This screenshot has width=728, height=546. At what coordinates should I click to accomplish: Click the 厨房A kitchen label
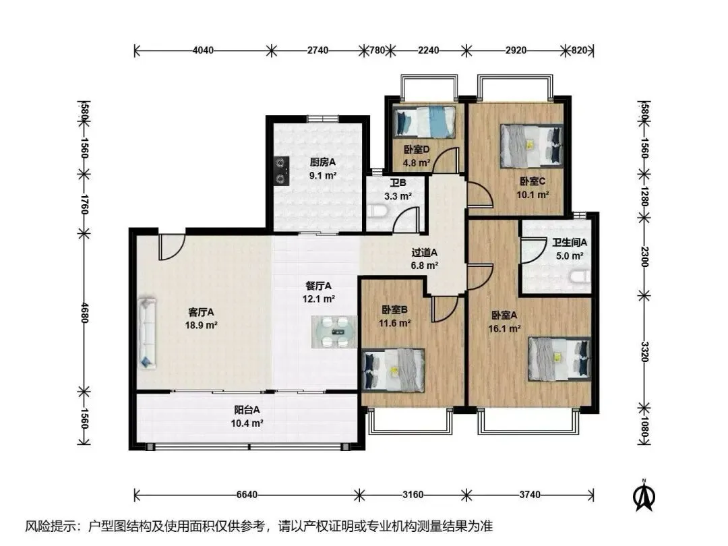[323, 162]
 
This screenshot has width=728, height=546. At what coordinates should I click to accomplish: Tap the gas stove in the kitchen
[281, 171]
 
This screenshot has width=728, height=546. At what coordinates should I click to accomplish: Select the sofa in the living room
[147, 334]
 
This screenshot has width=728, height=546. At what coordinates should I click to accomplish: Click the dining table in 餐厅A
[334, 332]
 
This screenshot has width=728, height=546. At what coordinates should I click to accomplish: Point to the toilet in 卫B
[377, 212]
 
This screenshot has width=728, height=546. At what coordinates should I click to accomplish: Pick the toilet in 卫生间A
[580, 277]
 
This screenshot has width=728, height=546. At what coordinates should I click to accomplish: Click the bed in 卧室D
[424, 121]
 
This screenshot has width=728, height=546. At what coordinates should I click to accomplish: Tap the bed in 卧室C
[531, 146]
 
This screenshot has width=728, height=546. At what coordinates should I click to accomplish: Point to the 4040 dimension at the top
[203, 50]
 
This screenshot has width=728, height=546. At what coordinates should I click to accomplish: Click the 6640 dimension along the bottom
[247, 495]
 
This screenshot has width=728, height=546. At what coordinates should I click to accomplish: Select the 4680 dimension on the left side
[84, 313]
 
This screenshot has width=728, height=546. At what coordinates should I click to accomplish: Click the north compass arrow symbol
[644, 496]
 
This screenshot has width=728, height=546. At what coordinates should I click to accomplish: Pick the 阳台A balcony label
[247, 410]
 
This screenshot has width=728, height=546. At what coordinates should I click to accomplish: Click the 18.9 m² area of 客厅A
[201, 326]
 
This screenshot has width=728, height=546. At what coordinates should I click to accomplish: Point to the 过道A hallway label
[425, 253]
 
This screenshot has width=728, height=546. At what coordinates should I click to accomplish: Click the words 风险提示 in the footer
[49, 526]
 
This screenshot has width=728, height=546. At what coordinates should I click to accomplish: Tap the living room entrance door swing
[171, 247]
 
